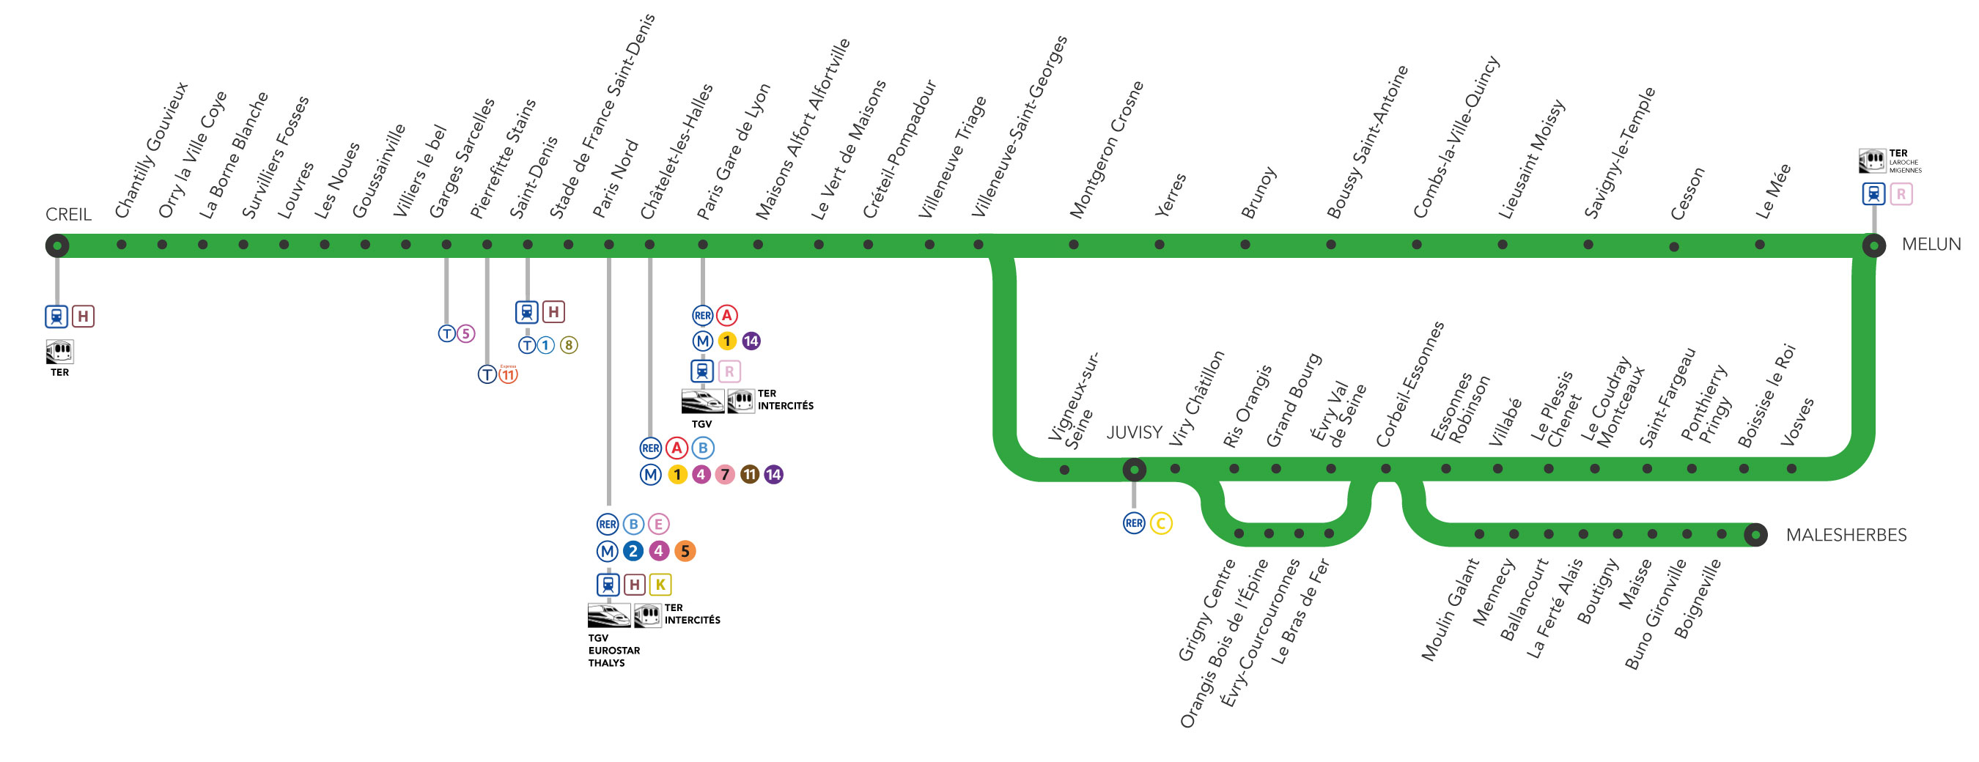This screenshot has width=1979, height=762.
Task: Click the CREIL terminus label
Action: (x=68, y=214)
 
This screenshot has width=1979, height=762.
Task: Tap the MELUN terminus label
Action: (x=1931, y=244)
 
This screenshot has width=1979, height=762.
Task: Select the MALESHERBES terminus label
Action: (x=1846, y=535)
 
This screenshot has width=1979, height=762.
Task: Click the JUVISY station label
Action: (x=1134, y=432)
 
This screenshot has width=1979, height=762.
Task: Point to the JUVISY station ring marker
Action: (x=1134, y=470)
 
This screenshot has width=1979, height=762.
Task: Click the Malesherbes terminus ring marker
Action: (x=1755, y=535)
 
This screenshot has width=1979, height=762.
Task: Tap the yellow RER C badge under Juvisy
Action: (x=1161, y=524)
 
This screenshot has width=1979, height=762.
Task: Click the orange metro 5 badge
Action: (x=685, y=551)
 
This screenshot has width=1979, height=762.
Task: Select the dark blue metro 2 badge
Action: (x=633, y=551)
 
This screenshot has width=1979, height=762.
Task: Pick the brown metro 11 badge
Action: (x=750, y=475)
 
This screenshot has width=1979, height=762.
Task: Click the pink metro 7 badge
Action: (x=724, y=475)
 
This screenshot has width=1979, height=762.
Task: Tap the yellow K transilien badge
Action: (x=660, y=585)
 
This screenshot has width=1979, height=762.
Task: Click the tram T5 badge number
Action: (x=465, y=333)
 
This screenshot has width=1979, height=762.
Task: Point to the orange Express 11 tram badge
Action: (x=509, y=374)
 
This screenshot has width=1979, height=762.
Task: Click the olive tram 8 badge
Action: (x=569, y=345)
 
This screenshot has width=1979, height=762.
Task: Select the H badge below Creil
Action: (x=83, y=316)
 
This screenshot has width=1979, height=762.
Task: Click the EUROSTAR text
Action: (x=613, y=651)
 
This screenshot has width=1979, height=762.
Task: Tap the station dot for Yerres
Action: (x=1160, y=245)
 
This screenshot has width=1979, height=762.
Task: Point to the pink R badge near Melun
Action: (x=1901, y=194)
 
